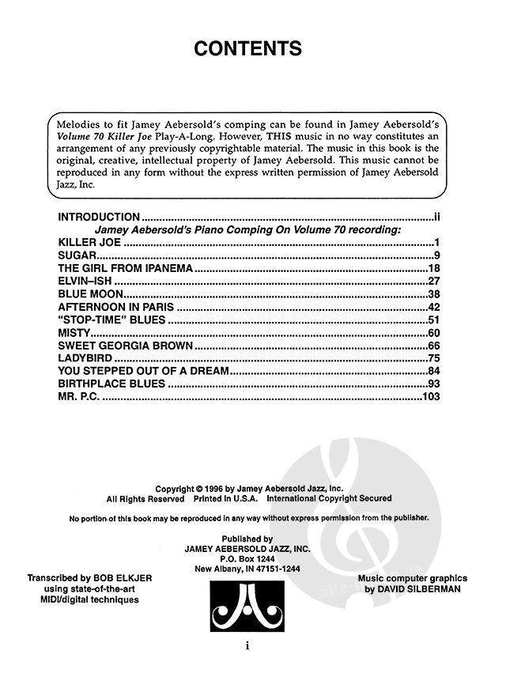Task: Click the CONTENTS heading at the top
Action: click(248, 49)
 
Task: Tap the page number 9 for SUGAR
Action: click(436, 255)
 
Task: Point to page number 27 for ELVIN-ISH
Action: click(432, 282)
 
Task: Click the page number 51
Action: click(432, 320)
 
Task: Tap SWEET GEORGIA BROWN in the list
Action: click(125, 346)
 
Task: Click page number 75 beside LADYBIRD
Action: click(432, 358)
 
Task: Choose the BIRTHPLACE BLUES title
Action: click(111, 384)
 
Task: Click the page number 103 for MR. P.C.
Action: click(430, 396)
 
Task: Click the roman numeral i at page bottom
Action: click(248, 645)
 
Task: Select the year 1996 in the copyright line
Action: click(217, 489)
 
